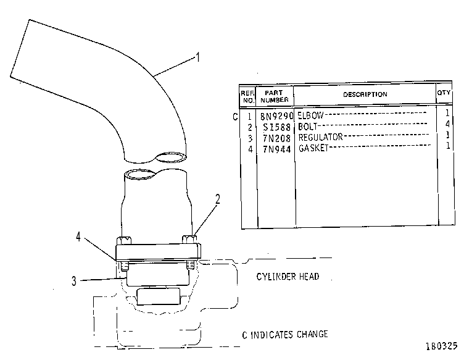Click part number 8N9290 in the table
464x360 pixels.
click(x=276, y=116)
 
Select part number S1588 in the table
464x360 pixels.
click(x=277, y=127)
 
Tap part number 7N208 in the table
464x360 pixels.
click(x=277, y=138)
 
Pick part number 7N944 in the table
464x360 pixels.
click(x=277, y=149)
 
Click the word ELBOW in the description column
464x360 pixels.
click(x=311, y=115)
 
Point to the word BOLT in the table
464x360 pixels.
click(x=308, y=127)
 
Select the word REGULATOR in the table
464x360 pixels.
click(x=320, y=137)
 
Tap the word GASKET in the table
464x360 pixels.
click(x=313, y=148)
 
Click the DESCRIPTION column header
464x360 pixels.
click(x=365, y=94)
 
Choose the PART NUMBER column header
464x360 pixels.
click(x=275, y=96)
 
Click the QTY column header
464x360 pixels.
click(x=444, y=93)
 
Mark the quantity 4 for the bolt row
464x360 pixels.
click(x=447, y=123)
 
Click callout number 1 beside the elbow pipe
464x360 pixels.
click(x=198, y=57)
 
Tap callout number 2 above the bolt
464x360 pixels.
click(x=218, y=199)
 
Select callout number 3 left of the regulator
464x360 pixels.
click(x=74, y=281)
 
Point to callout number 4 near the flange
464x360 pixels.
click(x=78, y=237)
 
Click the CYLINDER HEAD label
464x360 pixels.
click(x=288, y=277)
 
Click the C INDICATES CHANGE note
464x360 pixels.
click(x=285, y=335)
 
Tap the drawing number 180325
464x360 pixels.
click(x=442, y=346)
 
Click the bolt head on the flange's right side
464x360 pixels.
click(x=189, y=239)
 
